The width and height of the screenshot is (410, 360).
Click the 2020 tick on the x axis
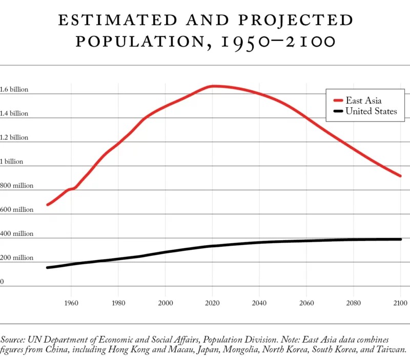pyautogui.click(x=212, y=303)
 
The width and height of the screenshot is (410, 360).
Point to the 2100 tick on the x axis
pyautogui.click(x=400, y=303)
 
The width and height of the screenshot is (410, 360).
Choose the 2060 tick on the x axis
pyautogui.click(x=306, y=303)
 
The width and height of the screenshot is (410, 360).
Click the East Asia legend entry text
pyautogui.click(x=363, y=101)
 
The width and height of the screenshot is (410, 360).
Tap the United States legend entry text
pyautogui.click(x=371, y=111)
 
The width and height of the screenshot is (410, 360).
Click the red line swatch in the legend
pyautogui.click(x=338, y=101)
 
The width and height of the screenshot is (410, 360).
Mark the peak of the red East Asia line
pyautogui.click(x=214, y=86)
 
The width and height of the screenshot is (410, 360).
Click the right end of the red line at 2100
pyautogui.click(x=400, y=176)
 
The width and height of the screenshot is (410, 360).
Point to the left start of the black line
pyautogui.click(x=48, y=267)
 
